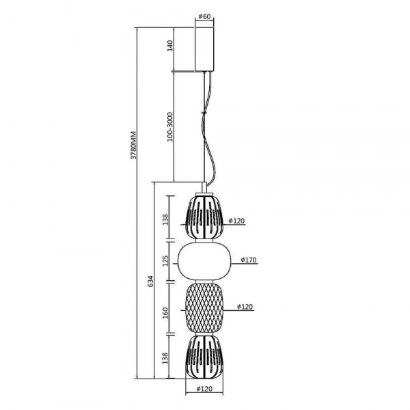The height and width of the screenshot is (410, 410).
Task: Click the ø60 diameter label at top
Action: pos(204,16)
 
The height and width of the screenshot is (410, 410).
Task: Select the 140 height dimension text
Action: pos(170,46)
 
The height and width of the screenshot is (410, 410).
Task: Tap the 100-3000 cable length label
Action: pos(170,127)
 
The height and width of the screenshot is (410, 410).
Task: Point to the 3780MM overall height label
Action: pos(134,145)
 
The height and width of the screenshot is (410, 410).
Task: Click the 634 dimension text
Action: pos(151,282)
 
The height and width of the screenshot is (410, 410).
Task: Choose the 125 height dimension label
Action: pos(166,261)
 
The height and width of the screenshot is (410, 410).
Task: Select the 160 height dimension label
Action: pos(166,313)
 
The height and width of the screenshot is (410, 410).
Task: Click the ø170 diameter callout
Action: pos(249,260)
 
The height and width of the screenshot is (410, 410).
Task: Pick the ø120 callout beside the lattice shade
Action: pos(245,306)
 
